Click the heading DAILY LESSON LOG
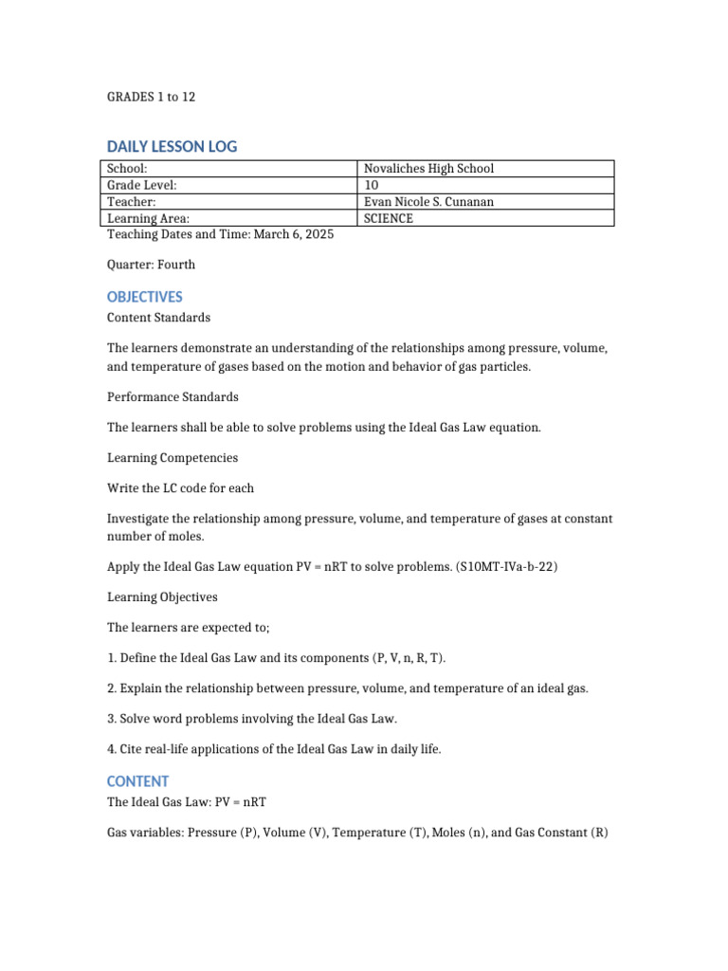pos(172,146)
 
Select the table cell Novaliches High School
pos(429,169)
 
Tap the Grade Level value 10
pos(372,185)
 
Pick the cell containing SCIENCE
pos(389,218)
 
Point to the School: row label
pos(127,169)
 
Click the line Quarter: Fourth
pos(151,265)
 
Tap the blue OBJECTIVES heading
pos(145,297)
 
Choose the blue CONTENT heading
pos(138,781)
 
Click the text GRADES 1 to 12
pos(151,97)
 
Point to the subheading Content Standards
pos(158,318)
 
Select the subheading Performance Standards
pos(173,396)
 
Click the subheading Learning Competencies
pos(173,458)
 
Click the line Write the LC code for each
pos(180,488)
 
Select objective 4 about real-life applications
pos(274,749)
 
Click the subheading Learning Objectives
pos(162,597)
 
